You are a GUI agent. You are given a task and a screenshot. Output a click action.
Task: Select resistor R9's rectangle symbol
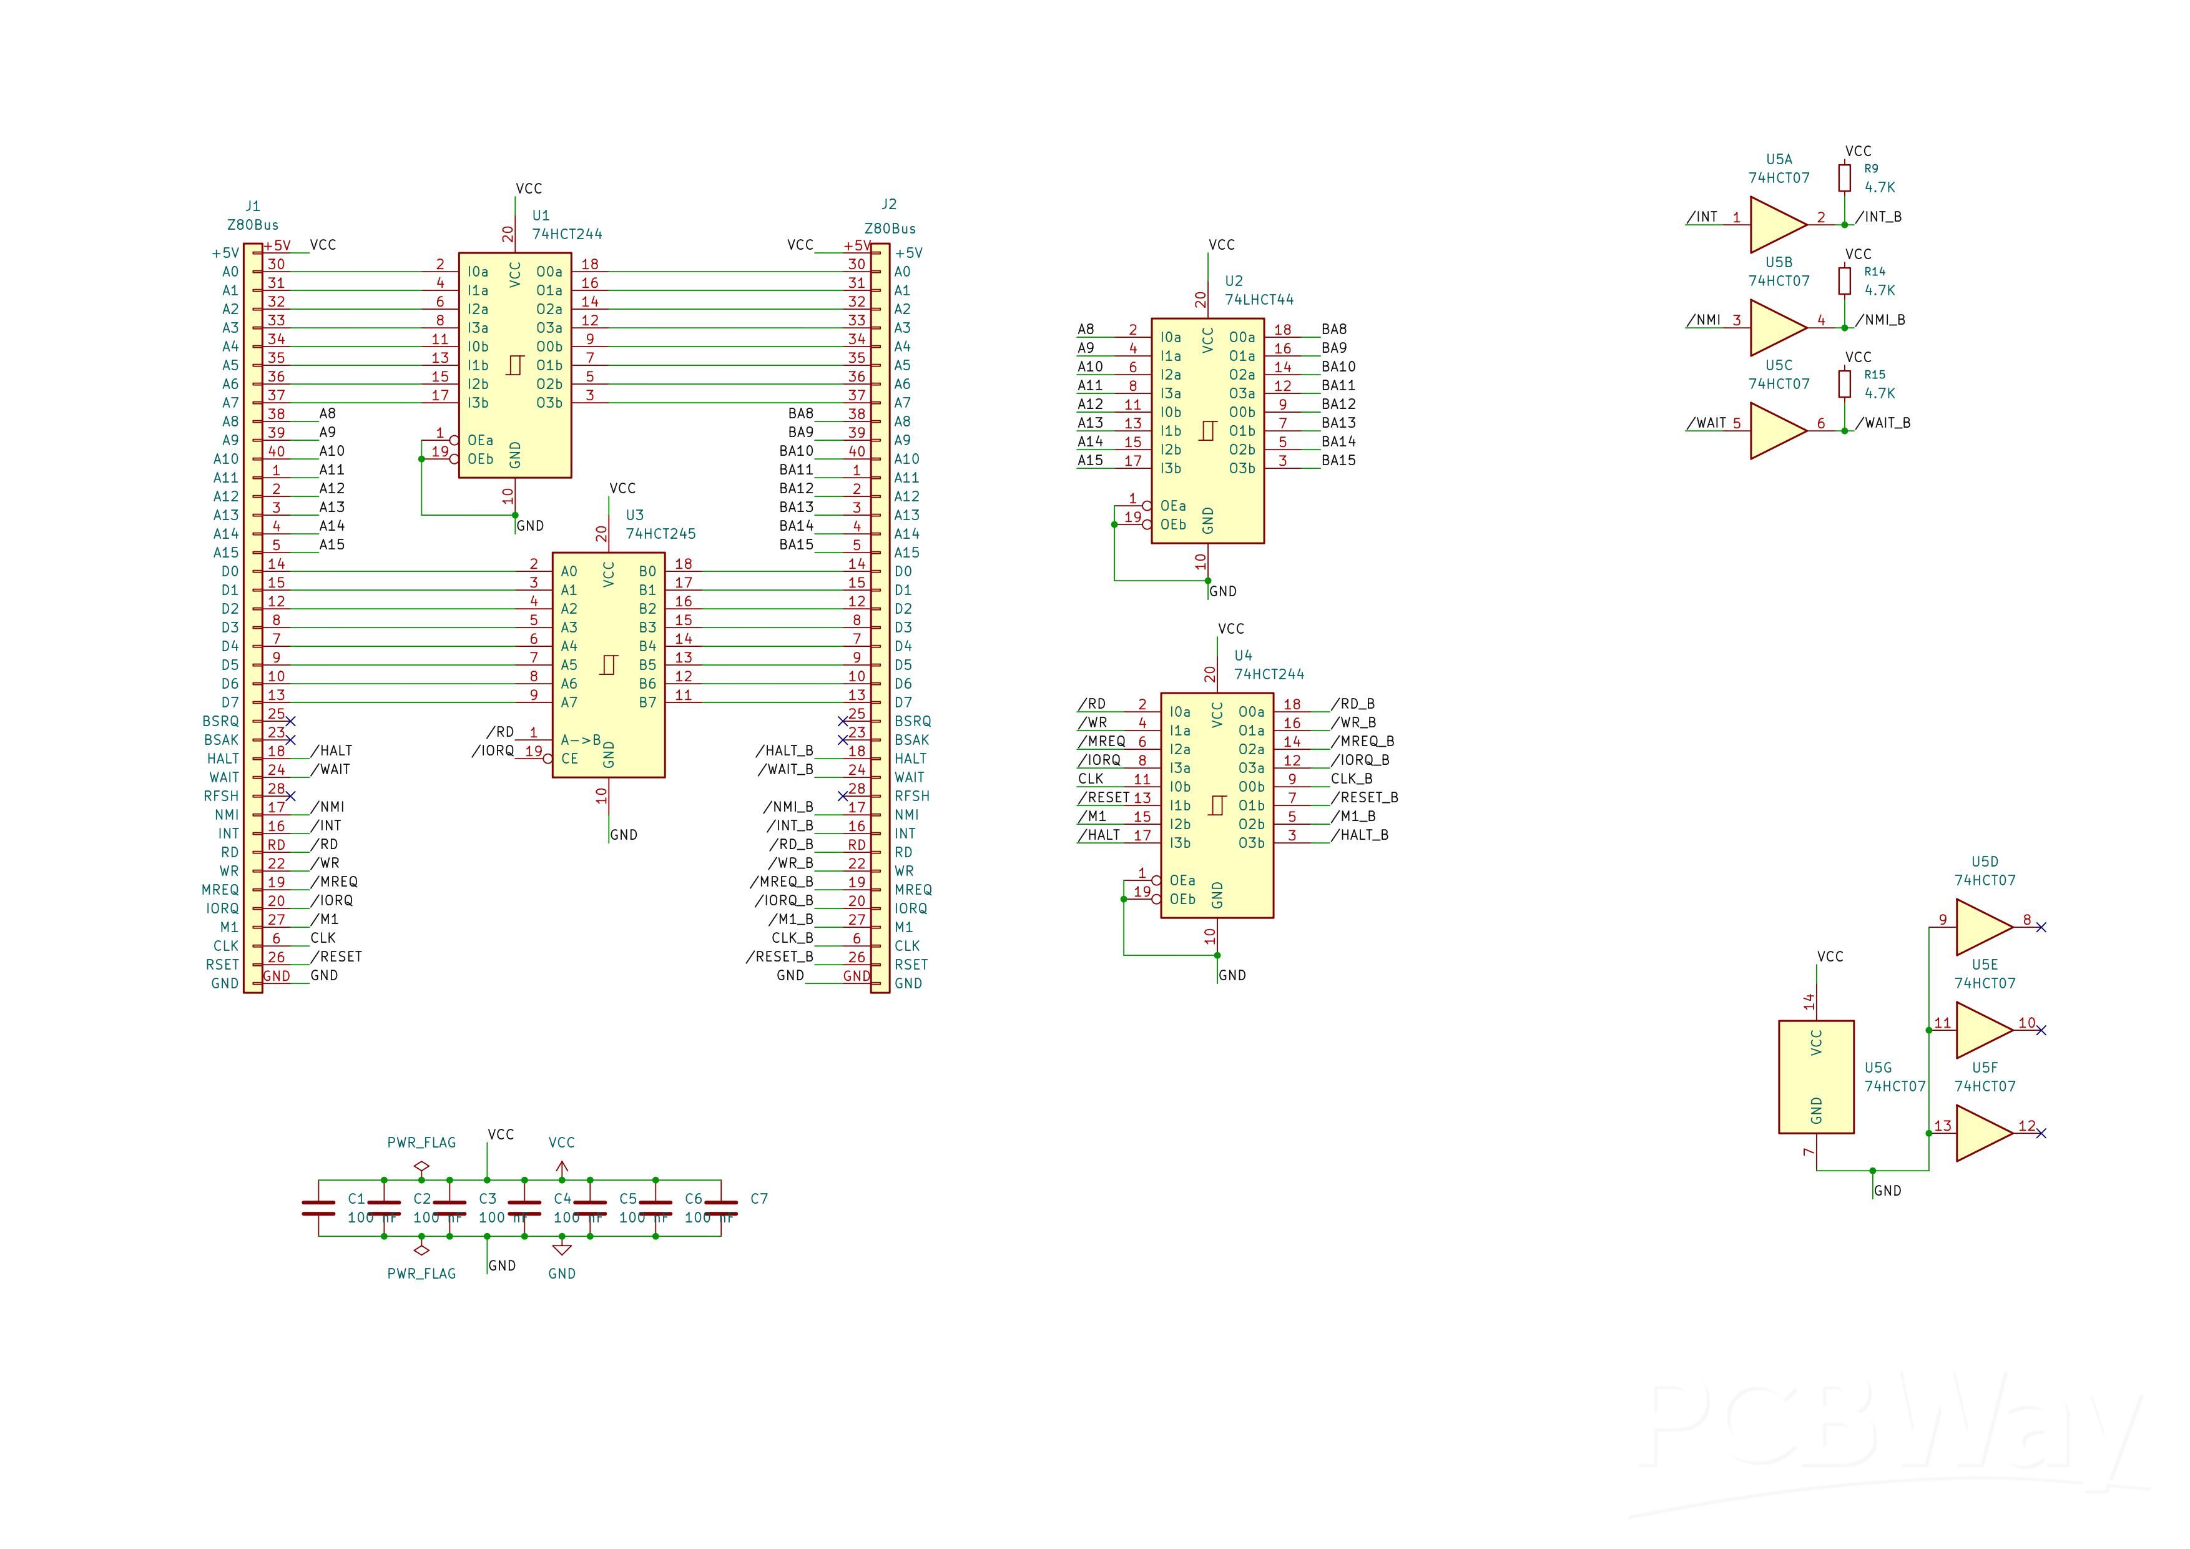pos(1845,177)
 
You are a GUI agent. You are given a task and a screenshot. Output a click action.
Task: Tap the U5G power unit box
pos(1816,1077)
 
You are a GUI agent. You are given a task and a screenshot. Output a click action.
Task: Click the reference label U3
pos(634,515)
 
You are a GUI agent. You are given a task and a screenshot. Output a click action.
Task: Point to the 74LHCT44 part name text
pos(1259,300)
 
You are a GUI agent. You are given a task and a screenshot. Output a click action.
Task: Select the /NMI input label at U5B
pos(1704,320)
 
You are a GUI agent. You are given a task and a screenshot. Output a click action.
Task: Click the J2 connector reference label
pos(889,204)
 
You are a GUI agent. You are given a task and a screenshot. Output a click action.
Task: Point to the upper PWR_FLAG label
pos(421,1143)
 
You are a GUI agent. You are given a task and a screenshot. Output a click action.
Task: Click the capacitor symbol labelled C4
pos(524,1209)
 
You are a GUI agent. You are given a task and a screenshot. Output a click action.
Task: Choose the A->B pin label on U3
pos(581,740)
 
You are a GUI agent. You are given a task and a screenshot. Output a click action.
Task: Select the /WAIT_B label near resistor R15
pos(1883,423)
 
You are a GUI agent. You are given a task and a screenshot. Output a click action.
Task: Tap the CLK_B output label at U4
pos(1352,779)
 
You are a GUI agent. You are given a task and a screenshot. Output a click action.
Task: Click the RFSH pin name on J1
pos(221,797)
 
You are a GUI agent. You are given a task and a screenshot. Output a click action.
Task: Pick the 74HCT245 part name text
pos(661,534)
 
